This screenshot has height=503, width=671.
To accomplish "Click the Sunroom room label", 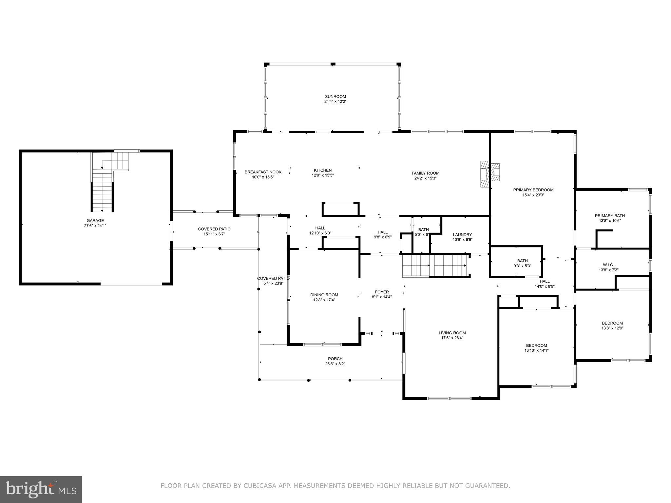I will click(335, 97).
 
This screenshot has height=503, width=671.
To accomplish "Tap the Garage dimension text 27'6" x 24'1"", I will click(95, 226).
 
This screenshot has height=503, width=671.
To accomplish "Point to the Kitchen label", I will click(323, 170).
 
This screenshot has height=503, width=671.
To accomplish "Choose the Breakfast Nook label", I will click(263, 172).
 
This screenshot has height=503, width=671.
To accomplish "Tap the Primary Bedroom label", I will click(533, 190).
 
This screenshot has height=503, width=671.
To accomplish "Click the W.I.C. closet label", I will click(608, 265).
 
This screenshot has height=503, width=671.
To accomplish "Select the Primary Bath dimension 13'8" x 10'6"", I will click(610, 221).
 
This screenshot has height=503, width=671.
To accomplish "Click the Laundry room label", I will click(462, 235).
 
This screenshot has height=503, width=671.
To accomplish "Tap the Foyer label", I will click(382, 292).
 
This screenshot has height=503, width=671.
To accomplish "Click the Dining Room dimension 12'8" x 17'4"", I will click(324, 300).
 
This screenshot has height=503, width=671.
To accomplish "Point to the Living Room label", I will click(452, 333).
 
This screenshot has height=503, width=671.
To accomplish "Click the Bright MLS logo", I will click(41, 489).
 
